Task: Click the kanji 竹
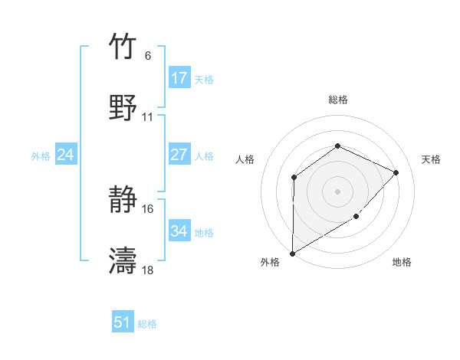tap(123, 47)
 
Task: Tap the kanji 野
tap(123, 108)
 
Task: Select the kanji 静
tap(123, 201)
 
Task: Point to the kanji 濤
tap(123, 261)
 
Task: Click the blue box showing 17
tap(179, 77)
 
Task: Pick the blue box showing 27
tap(179, 155)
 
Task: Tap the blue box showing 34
tap(179, 231)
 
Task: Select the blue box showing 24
tap(65, 155)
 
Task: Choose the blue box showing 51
tap(123, 322)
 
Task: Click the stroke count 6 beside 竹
tap(147, 56)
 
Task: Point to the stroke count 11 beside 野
tap(148, 117)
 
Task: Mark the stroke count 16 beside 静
tap(148, 209)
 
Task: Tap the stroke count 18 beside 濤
tap(148, 270)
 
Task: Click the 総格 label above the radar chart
tap(338, 100)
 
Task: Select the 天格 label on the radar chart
tap(432, 159)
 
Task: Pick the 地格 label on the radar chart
tap(402, 262)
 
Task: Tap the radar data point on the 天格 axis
tap(396, 172)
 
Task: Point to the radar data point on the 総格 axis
tap(337, 146)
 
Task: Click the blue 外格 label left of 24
tap(41, 155)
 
